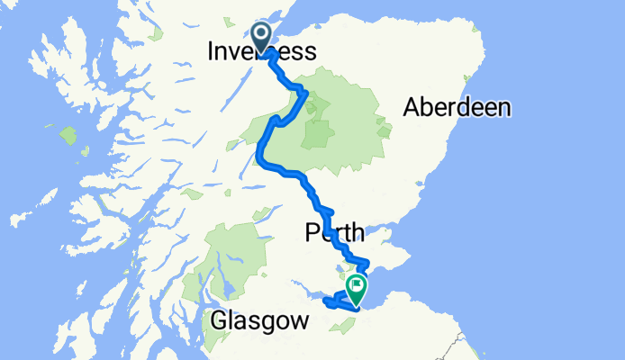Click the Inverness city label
pos(262,52)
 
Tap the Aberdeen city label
pos(457,108)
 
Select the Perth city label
pos(334,234)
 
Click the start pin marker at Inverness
pos(262,37)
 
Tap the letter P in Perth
pos(312,234)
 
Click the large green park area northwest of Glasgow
pos(235,252)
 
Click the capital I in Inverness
pos(212,52)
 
